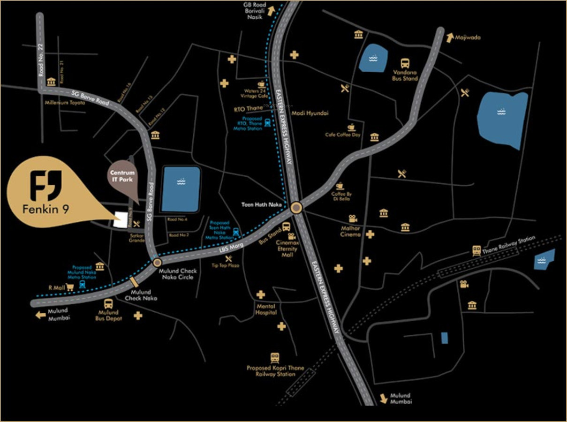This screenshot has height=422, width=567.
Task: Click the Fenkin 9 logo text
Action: tap(46, 209)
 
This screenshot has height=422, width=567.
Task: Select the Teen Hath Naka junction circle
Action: tap(296, 207)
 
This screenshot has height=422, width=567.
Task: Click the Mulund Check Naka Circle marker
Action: tap(157, 262)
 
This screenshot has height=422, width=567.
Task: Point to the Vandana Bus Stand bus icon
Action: tap(405, 63)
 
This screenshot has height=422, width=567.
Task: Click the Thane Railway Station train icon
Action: tap(476, 250)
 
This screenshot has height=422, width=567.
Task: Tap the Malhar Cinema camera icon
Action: tap(352, 219)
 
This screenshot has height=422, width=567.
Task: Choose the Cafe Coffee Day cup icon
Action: tap(351, 127)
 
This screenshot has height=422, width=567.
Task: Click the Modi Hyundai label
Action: tap(310, 113)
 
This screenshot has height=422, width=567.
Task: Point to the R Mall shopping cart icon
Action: tap(71, 287)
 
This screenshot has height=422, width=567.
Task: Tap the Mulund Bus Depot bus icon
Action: tap(108, 304)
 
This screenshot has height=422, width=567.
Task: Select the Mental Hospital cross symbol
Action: tap(261, 295)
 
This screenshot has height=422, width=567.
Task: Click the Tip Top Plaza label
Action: tap(226, 265)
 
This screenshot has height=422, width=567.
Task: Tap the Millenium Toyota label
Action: tap(65, 102)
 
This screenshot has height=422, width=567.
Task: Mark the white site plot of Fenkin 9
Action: tap(121, 219)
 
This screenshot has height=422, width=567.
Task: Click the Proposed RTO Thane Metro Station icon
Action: tap(267, 123)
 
